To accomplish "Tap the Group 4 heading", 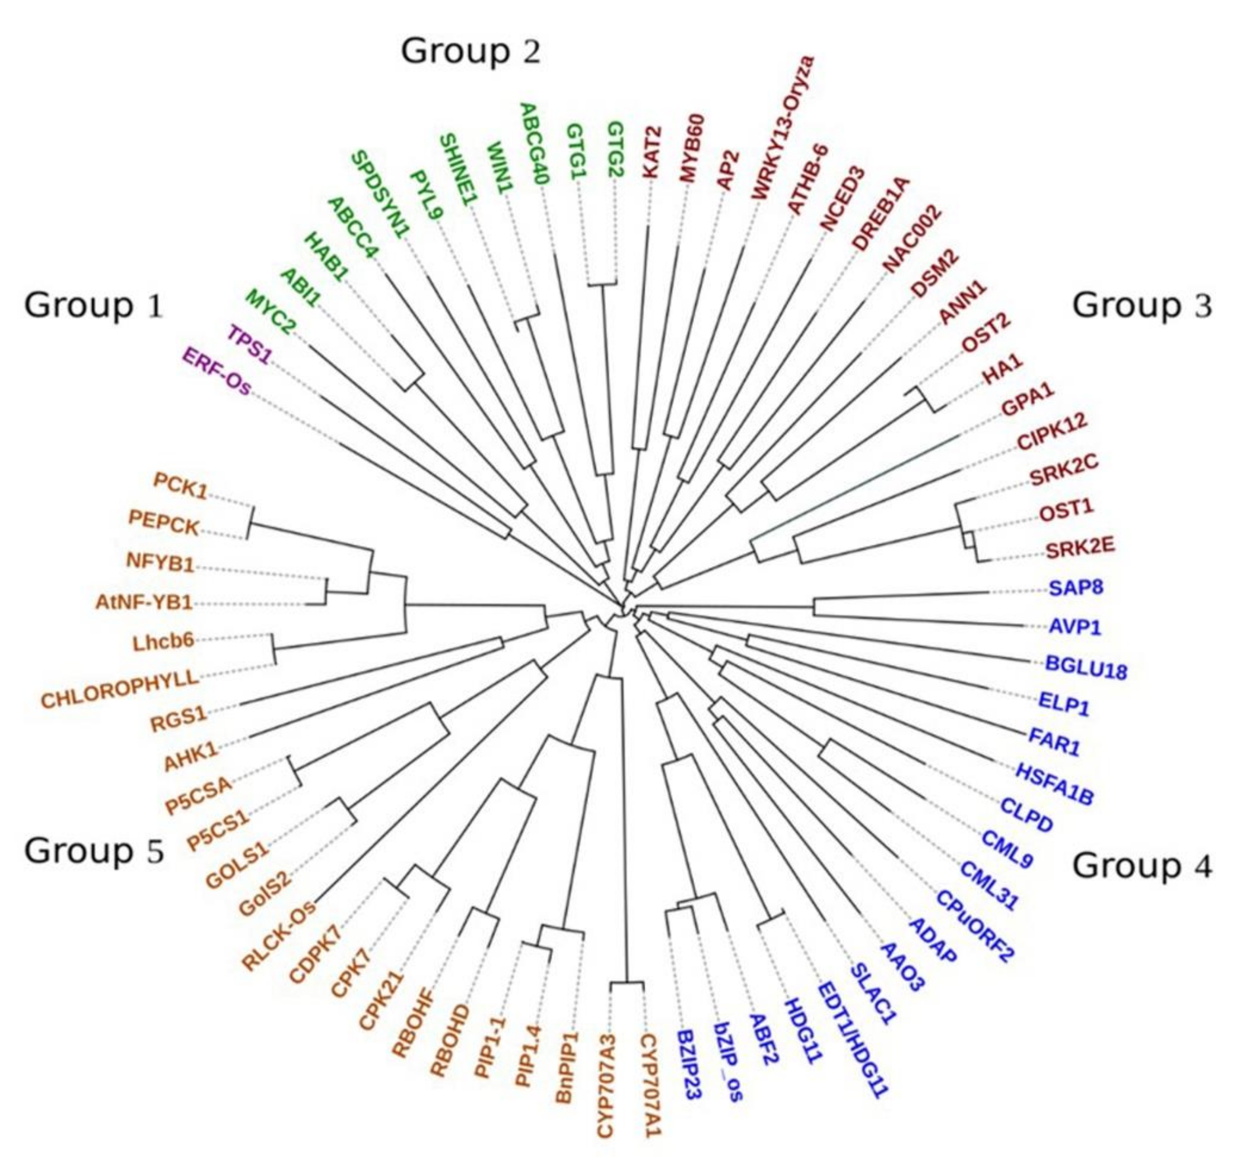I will [x=1142, y=866].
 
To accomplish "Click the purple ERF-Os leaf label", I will [x=216, y=372].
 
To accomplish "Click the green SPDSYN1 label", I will [x=379, y=194].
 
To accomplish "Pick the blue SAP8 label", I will [x=1075, y=588].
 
